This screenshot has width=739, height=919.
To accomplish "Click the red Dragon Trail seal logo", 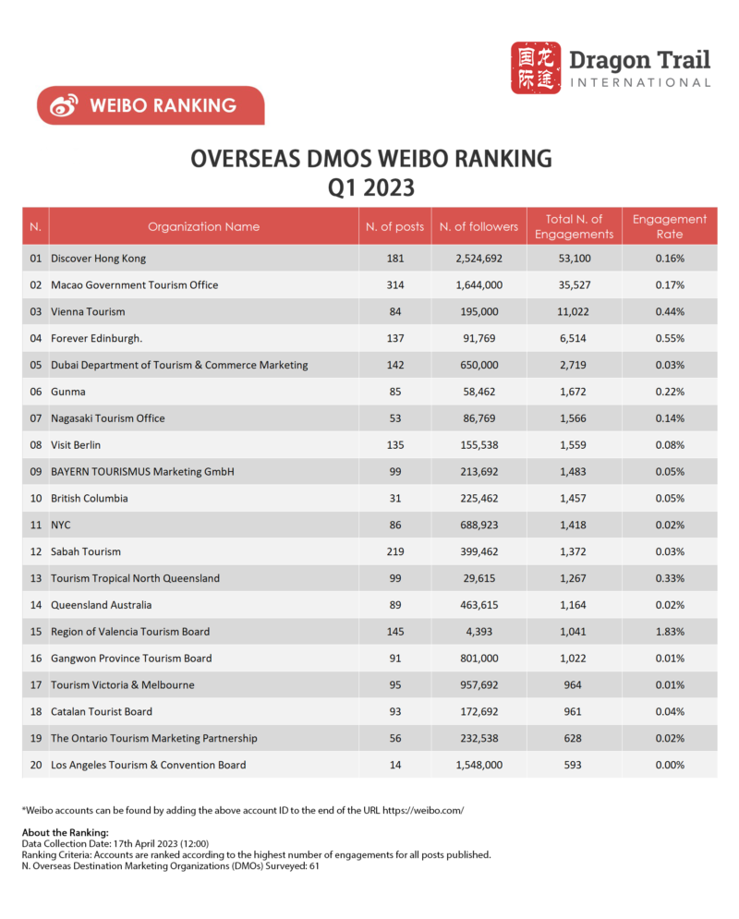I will tap(536, 67).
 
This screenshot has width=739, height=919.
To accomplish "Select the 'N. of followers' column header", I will tap(479, 226).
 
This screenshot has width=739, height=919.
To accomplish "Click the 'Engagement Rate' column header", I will tap(670, 226).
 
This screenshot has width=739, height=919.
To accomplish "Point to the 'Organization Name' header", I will tap(203, 226).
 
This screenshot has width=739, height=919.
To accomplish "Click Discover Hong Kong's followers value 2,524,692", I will tap(479, 259).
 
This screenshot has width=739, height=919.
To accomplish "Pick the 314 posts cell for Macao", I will tap(394, 285).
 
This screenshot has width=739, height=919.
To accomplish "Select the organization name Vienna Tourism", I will tap(88, 312).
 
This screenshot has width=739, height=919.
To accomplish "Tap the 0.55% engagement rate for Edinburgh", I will tap(670, 339).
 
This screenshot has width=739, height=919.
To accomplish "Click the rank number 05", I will tap(36, 365).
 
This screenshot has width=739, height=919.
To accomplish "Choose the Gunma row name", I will tap(67, 392).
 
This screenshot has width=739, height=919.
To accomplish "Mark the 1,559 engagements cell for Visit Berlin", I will tap(574, 445).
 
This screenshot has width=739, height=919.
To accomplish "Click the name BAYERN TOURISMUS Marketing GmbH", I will tap(142, 472).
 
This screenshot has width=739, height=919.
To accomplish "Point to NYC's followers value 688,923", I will tap(479, 525).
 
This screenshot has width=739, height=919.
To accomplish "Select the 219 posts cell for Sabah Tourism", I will tap(394, 551).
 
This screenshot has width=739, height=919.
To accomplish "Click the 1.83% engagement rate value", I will tap(670, 632).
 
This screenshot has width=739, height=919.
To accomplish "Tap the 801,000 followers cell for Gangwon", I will tap(479, 659).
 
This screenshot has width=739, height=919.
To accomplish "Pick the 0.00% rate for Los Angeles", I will tap(670, 765).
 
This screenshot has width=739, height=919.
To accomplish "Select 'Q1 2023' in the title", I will tap(370, 187).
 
